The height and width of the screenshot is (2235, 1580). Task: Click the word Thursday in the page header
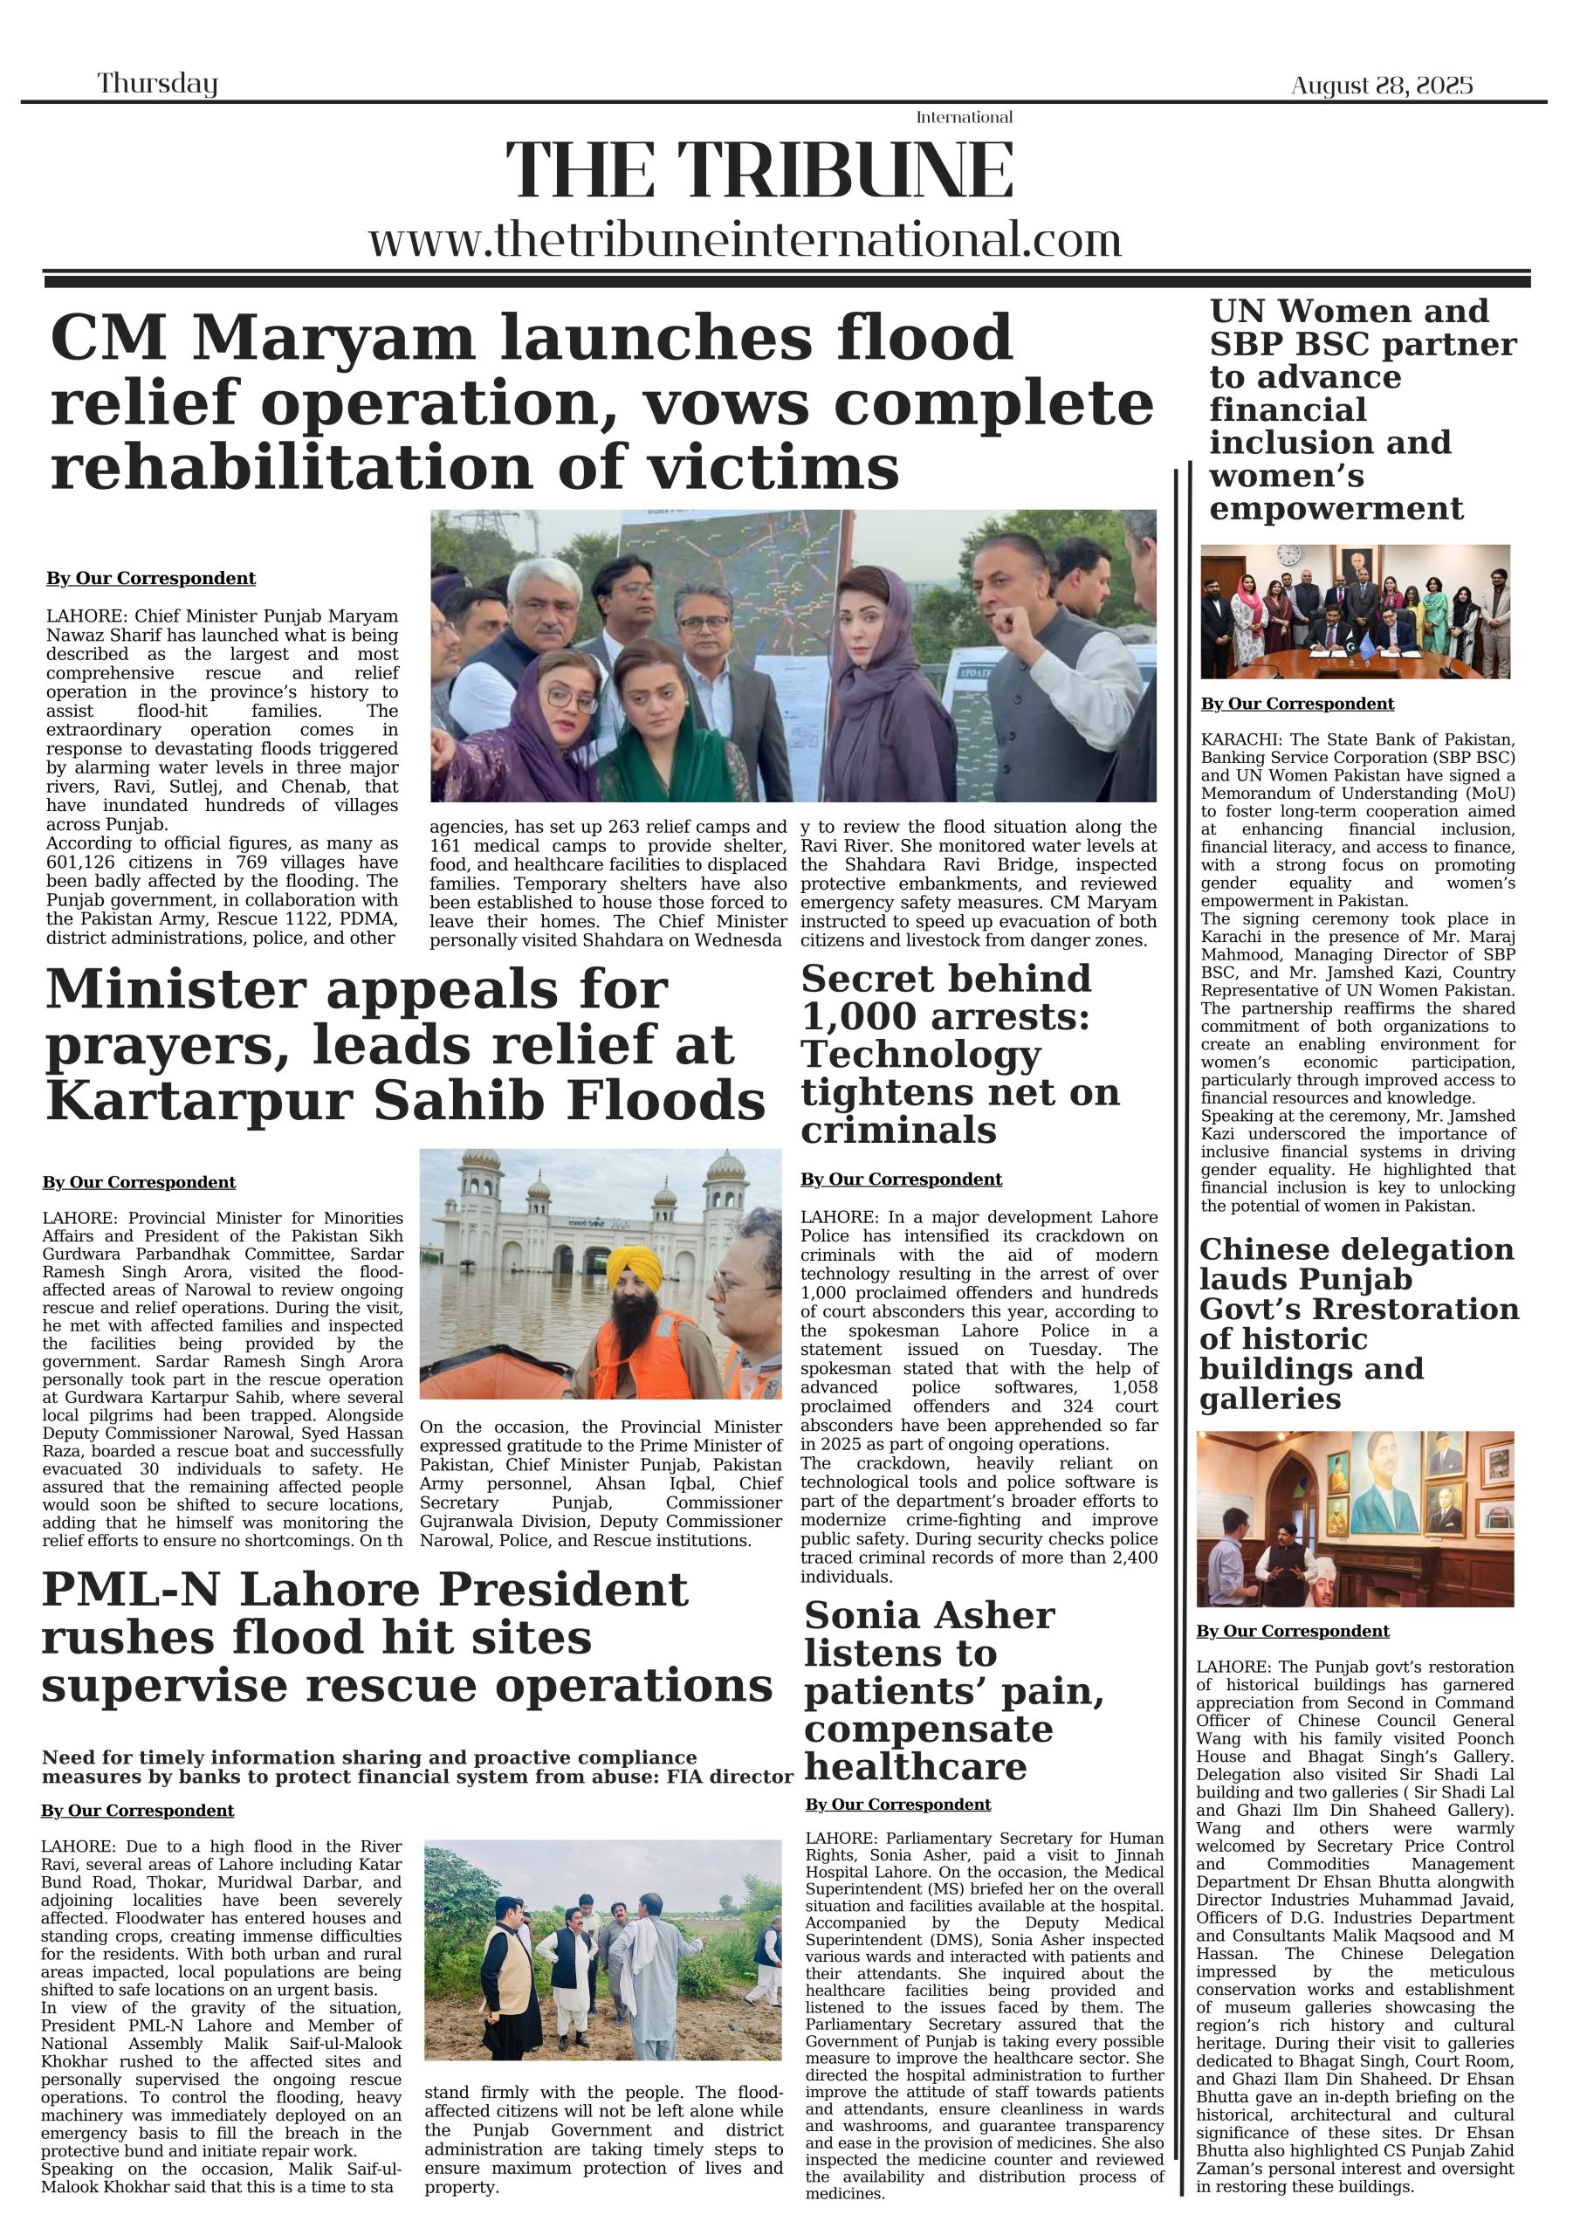coord(157,84)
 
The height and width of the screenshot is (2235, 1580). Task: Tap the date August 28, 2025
coord(1381,86)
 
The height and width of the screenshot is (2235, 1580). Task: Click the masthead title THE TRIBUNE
coord(759,171)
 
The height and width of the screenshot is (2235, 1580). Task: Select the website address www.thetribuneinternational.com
coord(745,239)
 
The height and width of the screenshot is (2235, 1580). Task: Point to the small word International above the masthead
coord(964,118)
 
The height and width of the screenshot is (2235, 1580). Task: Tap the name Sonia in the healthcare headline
coord(861,1616)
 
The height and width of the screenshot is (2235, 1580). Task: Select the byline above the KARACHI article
coord(1296,704)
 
